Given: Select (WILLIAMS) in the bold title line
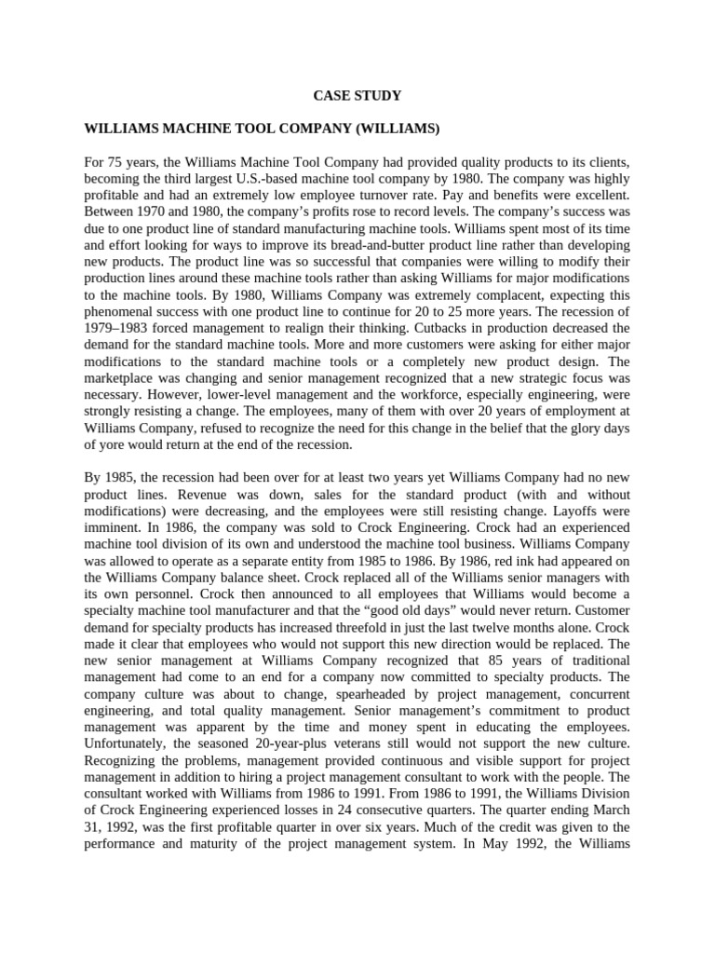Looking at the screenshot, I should pyautogui.click(x=390, y=127).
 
